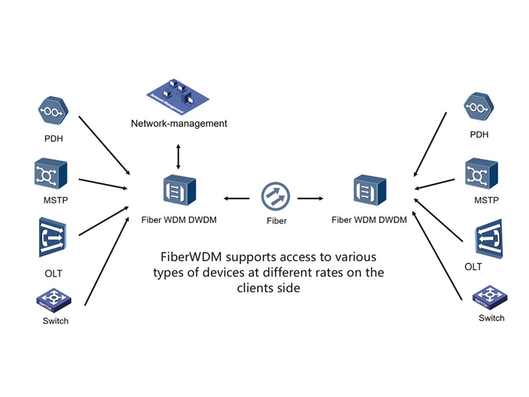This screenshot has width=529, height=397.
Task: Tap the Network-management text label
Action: pos(179,124)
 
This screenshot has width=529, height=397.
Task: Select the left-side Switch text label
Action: pos(54,321)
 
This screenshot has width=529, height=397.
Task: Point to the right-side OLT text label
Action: pos(473,267)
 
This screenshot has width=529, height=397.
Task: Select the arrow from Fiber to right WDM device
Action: pos(310,197)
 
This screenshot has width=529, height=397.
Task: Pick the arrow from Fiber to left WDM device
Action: pos(236,197)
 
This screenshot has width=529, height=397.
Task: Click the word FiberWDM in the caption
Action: pos(192,255)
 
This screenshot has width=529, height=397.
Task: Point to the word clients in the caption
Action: pos(260,288)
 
